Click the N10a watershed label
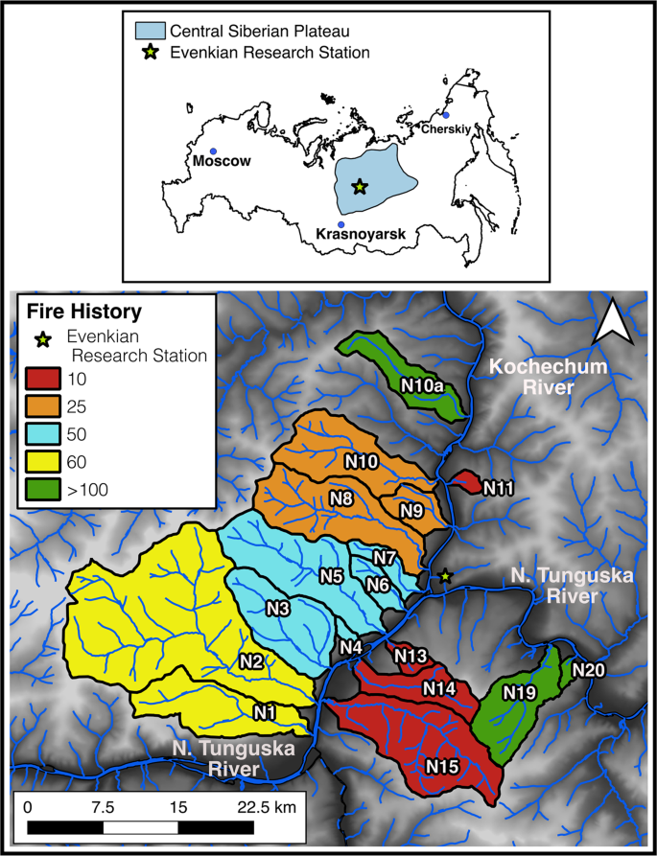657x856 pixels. (x=422, y=386)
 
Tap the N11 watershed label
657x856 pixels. (x=499, y=489)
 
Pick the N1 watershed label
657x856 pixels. (x=266, y=711)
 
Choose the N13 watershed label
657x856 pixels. (x=410, y=656)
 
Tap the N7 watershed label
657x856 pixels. (x=385, y=557)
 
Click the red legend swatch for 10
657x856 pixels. (x=41, y=379)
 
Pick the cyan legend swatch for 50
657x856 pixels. (x=41, y=434)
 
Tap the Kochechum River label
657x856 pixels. (x=531, y=377)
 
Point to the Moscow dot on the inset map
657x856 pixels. (x=213, y=151)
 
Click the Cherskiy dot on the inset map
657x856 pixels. (x=445, y=115)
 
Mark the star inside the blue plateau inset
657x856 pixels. (x=360, y=187)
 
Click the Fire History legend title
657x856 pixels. (x=84, y=312)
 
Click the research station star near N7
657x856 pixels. (x=444, y=576)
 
